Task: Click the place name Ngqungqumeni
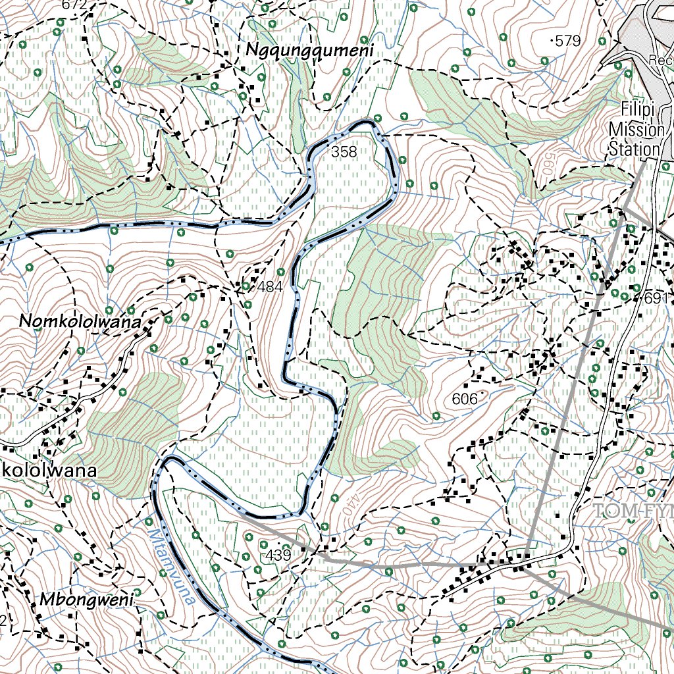coord(309,50)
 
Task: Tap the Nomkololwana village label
coord(81,322)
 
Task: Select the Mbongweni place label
coord(86,600)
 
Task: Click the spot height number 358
coord(344,153)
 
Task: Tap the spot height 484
coord(270,287)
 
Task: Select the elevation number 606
coord(465,399)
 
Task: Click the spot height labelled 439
coord(278,556)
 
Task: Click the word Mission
coord(636,129)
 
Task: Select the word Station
coord(634,149)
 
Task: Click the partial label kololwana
coord(49,471)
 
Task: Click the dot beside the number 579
coord(551,41)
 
